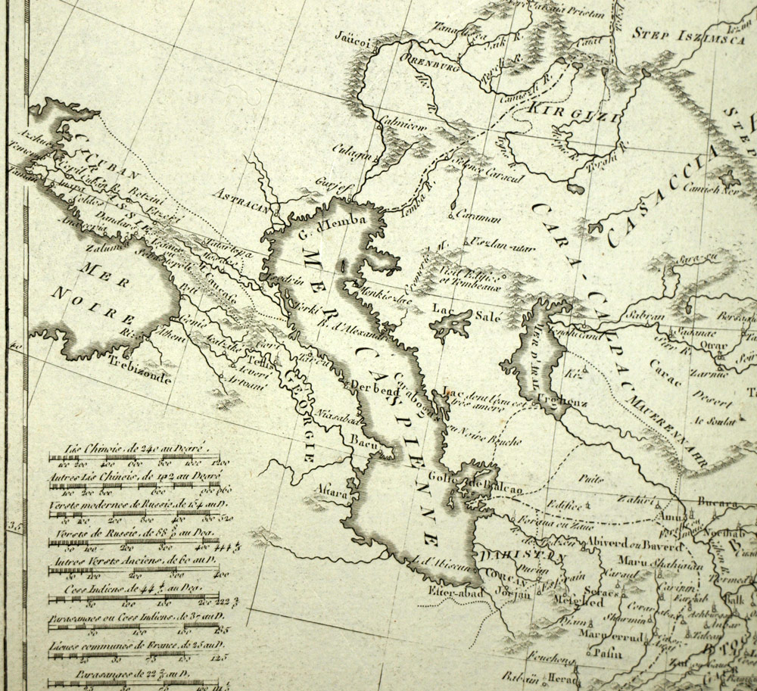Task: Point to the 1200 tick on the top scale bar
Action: tap(221, 463)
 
